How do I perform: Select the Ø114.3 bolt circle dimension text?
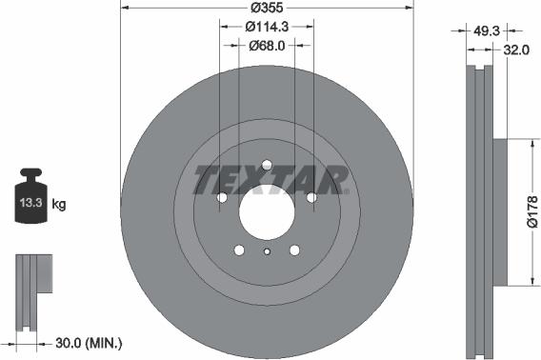pyautogui.click(x=267, y=28)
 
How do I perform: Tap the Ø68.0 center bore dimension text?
pyautogui.click(x=268, y=45)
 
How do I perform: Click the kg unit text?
pyautogui.click(x=59, y=204)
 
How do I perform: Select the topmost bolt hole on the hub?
pyautogui.click(x=267, y=161)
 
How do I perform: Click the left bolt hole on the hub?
pyautogui.click(x=222, y=198)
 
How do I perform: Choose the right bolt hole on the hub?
pyautogui.click(x=311, y=198)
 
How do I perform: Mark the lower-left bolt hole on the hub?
pyautogui.click(x=239, y=250)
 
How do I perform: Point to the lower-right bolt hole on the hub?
pyautogui.click(x=295, y=250)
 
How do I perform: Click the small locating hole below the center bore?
pyautogui.click(x=267, y=251)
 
